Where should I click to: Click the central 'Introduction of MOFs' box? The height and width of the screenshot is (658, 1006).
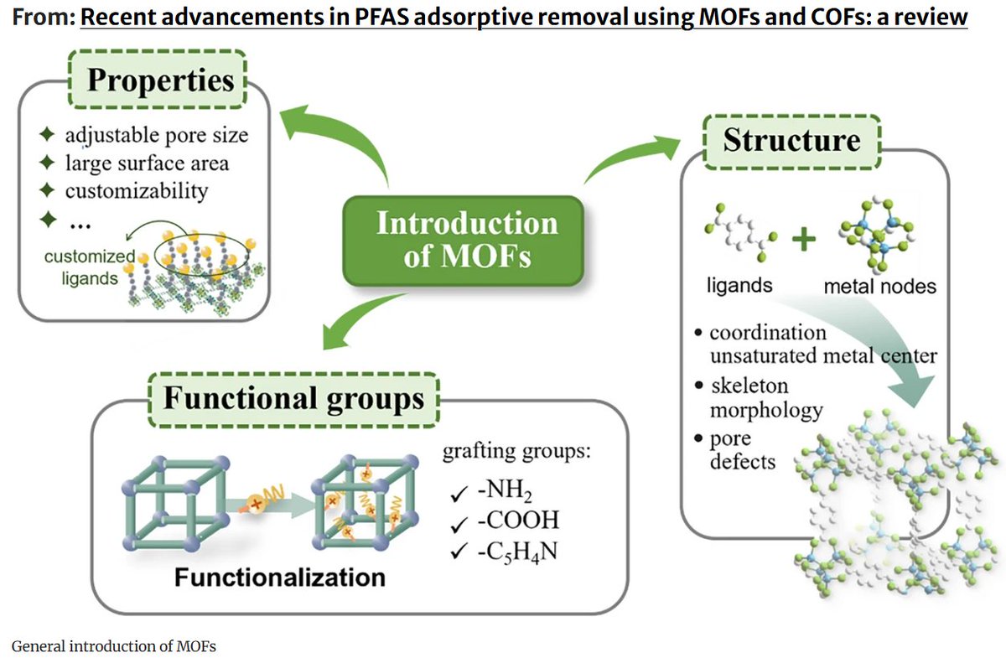pyautogui.click(x=463, y=241)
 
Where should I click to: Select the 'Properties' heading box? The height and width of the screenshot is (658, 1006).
pyautogui.click(x=158, y=80)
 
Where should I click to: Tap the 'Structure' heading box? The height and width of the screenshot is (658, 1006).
pyautogui.click(x=791, y=142)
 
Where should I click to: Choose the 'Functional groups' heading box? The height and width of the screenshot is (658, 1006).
pyautogui.click(x=293, y=399)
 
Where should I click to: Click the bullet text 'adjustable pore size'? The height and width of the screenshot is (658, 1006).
pyautogui.click(x=157, y=135)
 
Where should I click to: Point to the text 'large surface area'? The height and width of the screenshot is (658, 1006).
pyautogui.click(x=147, y=163)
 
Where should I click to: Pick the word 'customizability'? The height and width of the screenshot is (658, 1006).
pyautogui.click(x=137, y=191)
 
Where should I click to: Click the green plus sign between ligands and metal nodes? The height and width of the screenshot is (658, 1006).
pyautogui.click(x=804, y=240)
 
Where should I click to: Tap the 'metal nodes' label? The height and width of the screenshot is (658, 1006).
pyautogui.click(x=879, y=286)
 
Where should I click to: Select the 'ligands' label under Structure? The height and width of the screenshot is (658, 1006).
pyautogui.click(x=739, y=285)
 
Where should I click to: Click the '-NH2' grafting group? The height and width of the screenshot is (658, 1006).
pyautogui.click(x=505, y=490)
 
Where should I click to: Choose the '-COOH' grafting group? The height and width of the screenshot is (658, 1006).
pyautogui.click(x=518, y=520)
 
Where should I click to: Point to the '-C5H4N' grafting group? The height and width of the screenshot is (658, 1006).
pyautogui.click(x=517, y=552)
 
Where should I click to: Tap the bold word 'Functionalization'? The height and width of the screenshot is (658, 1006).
pyautogui.click(x=280, y=578)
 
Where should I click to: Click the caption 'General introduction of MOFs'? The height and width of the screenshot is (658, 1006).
pyautogui.click(x=114, y=646)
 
